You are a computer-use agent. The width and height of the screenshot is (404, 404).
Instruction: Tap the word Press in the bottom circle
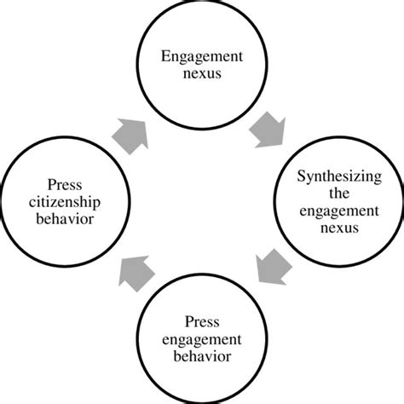[202, 322]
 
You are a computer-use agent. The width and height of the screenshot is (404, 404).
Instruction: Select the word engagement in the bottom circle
[202, 338]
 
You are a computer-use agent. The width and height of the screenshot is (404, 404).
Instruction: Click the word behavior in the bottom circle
[202, 355]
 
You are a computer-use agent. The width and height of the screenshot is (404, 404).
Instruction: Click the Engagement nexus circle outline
[202, 7]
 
